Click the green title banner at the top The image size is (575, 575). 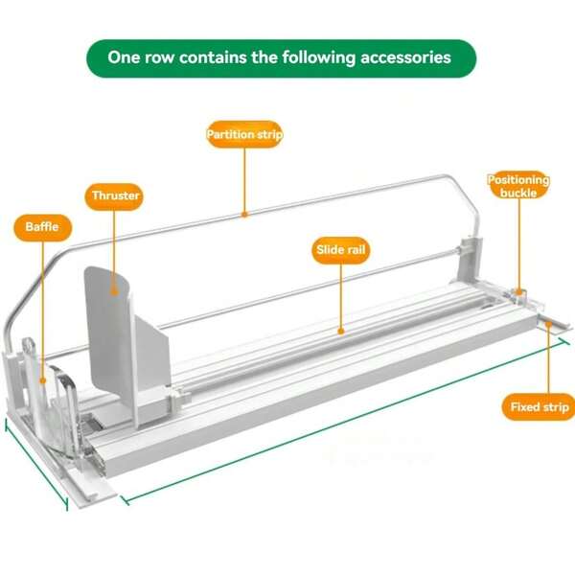pos(280,57)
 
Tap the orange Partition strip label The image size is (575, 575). pos(244,135)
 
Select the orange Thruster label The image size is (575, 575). pos(115,196)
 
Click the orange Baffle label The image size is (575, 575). pos(42,227)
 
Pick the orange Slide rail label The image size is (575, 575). pos(342,251)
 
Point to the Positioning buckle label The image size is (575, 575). pos(518,185)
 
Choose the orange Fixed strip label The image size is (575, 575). pos(538,407)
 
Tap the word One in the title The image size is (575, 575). pos(125,57)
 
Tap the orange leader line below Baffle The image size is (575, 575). pos(42,307)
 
